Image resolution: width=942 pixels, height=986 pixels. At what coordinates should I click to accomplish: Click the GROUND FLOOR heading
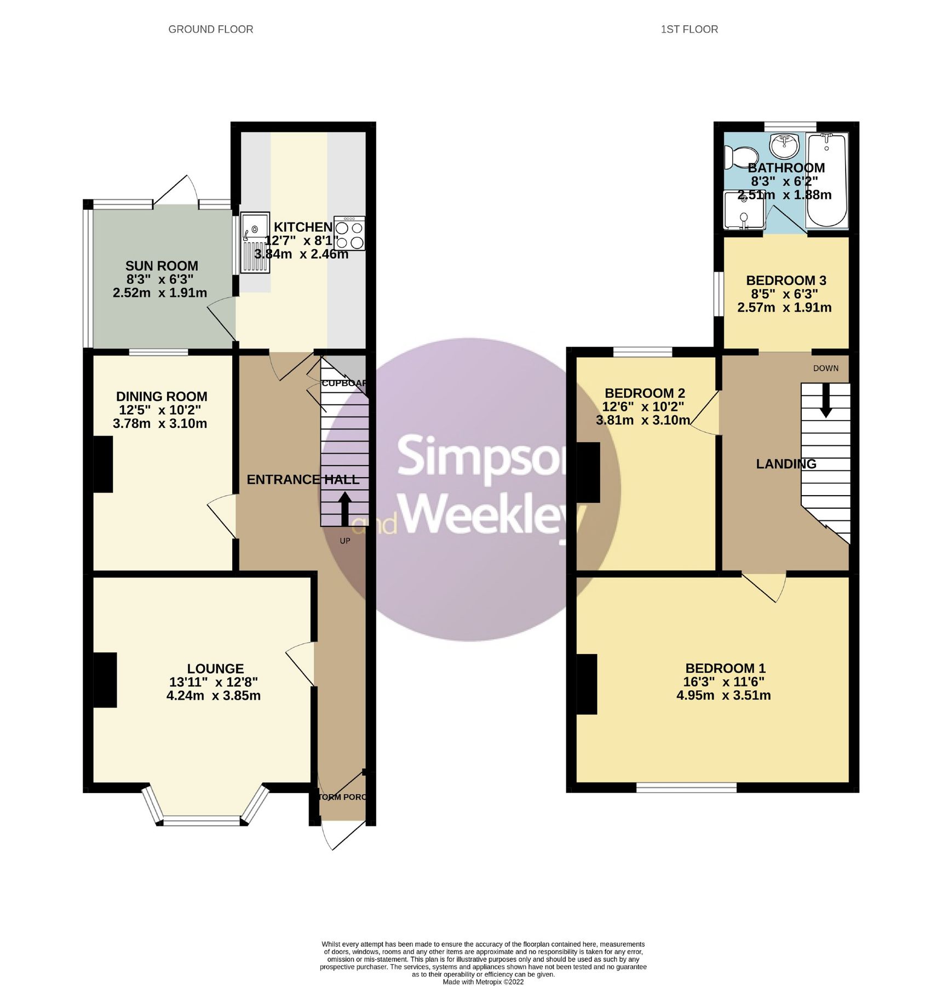click(x=210, y=30)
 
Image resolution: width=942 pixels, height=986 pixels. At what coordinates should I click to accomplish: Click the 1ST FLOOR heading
click(x=689, y=30)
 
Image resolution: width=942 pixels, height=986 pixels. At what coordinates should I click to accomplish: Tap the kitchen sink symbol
click(x=255, y=242)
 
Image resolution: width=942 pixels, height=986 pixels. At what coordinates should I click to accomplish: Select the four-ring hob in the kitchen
click(x=349, y=234)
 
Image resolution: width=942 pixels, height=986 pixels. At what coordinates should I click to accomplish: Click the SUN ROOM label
click(x=162, y=266)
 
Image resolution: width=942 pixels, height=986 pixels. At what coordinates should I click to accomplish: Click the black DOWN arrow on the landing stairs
click(x=825, y=400)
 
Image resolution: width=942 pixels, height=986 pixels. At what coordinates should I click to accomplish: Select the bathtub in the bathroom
click(x=827, y=181)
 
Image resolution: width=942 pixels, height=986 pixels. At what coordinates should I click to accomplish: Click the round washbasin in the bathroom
click(x=784, y=146)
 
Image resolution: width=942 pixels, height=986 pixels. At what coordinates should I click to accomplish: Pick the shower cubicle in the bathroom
click(x=743, y=210)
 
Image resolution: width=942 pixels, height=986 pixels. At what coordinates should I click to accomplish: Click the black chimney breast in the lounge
click(x=105, y=680)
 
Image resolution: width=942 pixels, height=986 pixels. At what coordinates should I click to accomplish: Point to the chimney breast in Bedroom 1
click(x=587, y=684)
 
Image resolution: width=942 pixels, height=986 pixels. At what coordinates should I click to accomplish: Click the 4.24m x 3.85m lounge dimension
click(x=214, y=696)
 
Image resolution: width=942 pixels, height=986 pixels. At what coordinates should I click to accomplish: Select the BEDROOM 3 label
click(x=785, y=280)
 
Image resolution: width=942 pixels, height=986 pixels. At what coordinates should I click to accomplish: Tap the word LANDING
click(x=785, y=464)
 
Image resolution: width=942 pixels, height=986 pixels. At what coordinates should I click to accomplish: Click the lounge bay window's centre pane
click(x=202, y=821)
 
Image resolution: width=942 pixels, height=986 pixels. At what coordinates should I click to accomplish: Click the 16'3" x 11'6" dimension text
click(x=723, y=682)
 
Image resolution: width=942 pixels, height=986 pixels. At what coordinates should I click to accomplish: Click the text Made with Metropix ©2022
click(x=483, y=982)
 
